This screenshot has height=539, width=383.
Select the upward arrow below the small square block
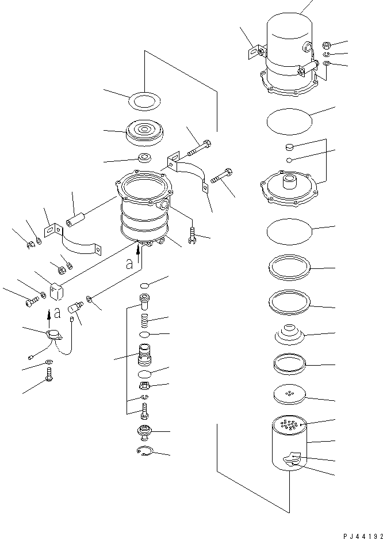pyautogui.click(x=48, y=314)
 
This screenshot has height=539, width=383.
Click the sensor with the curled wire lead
pyautogui.click(x=52, y=335)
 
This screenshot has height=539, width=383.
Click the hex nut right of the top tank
pyautogui.click(x=325, y=44)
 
